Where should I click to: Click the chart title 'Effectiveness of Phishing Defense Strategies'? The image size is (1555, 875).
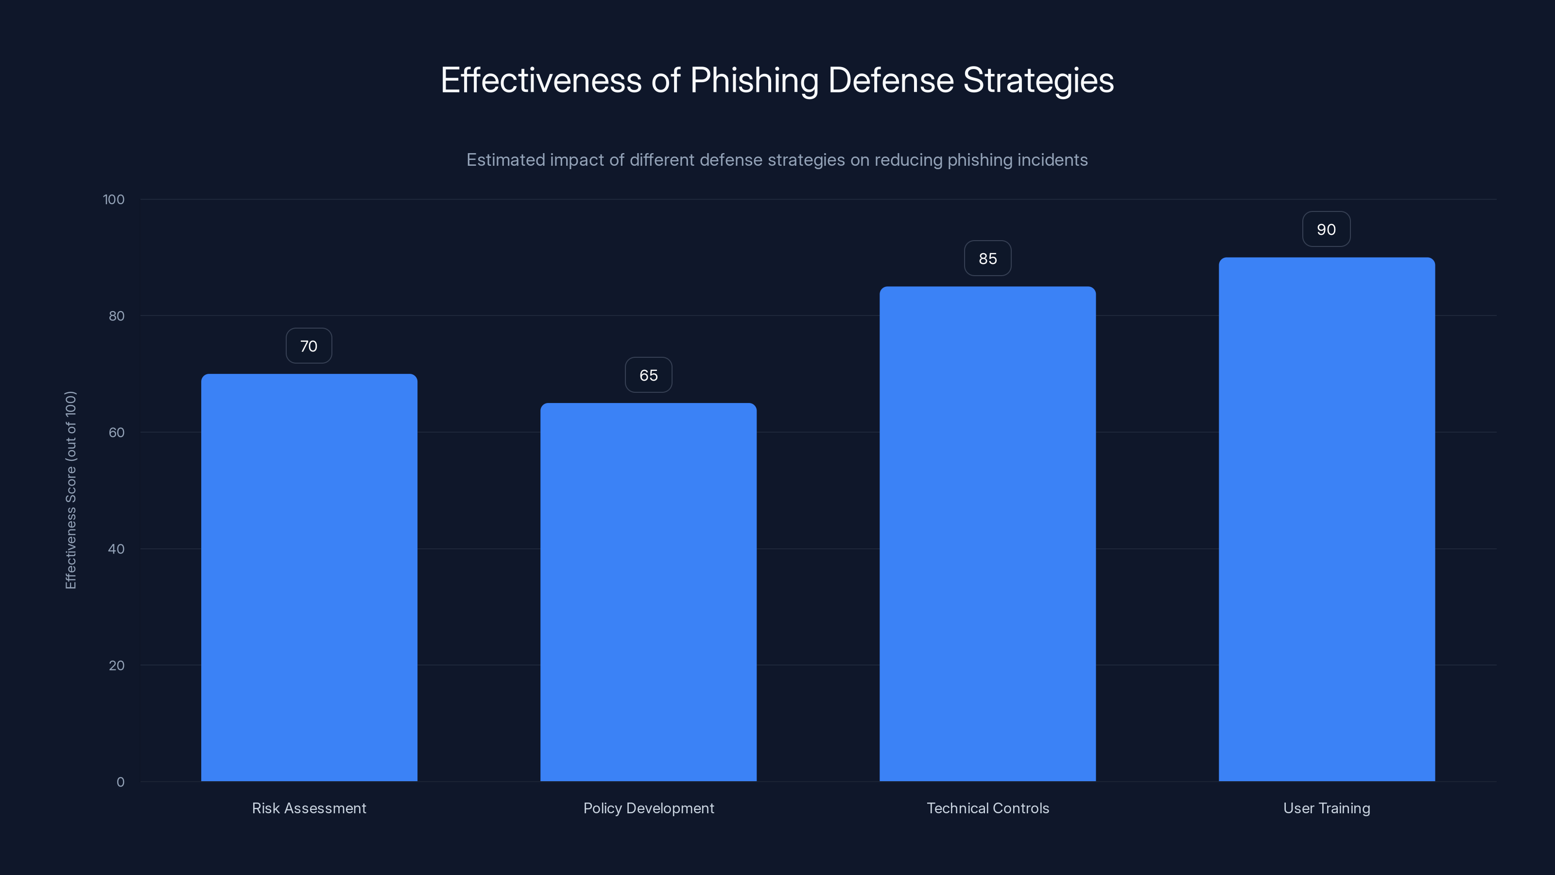pyautogui.click(x=777, y=80)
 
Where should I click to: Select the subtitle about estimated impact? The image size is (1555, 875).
pyautogui.click(x=777, y=160)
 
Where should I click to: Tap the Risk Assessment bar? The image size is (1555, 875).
pyautogui.click(x=309, y=577)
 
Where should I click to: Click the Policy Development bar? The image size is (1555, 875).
pyautogui.click(x=648, y=592)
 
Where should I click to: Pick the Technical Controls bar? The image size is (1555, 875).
pyautogui.click(x=987, y=534)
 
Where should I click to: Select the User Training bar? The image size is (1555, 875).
pyautogui.click(x=1326, y=519)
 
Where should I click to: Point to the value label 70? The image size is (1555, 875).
pyautogui.click(x=309, y=346)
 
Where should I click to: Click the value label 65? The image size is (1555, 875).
pyautogui.click(x=648, y=375)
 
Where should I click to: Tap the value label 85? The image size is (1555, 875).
pyautogui.click(x=987, y=259)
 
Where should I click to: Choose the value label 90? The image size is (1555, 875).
pyautogui.click(x=1326, y=229)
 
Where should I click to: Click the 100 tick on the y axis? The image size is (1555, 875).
pyautogui.click(x=114, y=199)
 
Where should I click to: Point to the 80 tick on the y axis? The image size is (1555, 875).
pyautogui.click(x=117, y=316)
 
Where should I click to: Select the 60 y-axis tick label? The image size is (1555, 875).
pyautogui.click(x=117, y=432)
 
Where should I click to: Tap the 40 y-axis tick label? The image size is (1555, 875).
pyautogui.click(x=117, y=549)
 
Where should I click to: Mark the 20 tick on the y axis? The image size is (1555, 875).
pyautogui.click(x=117, y=665)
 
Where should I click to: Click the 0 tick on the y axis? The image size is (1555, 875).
pyautogui.click(x=120, y=782)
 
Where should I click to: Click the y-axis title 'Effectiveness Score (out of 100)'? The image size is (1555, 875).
pyautogui.click(x=70, y=490)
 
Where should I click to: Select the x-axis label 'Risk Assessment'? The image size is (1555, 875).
pyautogui.click(x=309, y=808)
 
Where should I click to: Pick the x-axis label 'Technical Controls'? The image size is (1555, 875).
pyautogui.click(x=987, y=808)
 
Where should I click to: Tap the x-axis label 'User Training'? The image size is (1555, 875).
pyautogui.click(x=1326, y=808)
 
